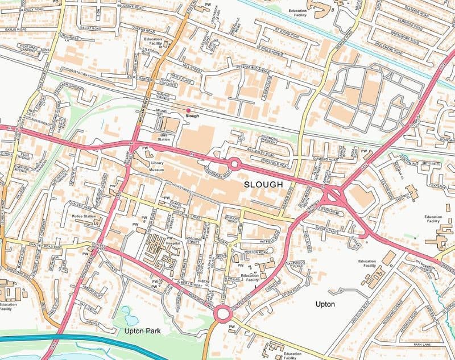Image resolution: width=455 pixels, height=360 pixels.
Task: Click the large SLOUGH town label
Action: pyautogui.click(x=263, y=185)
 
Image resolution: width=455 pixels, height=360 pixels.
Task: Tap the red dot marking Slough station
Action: pyautogui.click(x=188, y=110)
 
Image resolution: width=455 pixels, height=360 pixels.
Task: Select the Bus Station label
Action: pyautogui.click(x=164, y=137)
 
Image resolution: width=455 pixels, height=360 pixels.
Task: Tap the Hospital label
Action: pyautogui.click(x=173, y=243)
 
